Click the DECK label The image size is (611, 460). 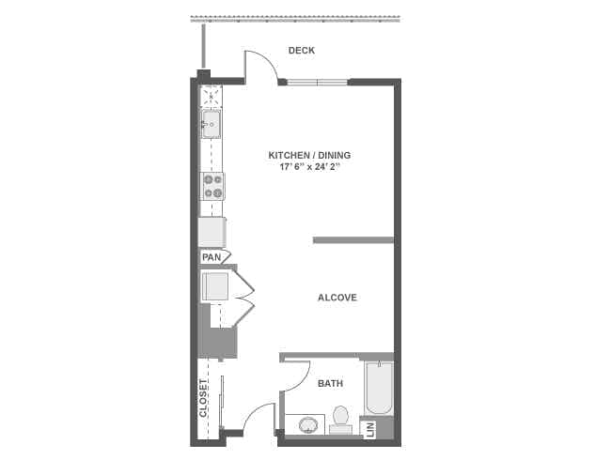302,51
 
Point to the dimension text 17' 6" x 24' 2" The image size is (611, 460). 309,167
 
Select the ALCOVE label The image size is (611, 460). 337,298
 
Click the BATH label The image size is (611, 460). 330,383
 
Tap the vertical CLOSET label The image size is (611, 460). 204,398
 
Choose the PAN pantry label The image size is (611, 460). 210,256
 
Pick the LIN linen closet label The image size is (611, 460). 368,430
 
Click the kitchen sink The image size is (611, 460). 211,122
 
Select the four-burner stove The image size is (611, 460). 212,187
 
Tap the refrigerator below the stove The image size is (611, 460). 211,231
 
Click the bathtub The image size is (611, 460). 379,389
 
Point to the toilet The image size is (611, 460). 340,417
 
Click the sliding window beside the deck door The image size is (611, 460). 317,83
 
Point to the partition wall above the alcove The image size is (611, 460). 352,240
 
